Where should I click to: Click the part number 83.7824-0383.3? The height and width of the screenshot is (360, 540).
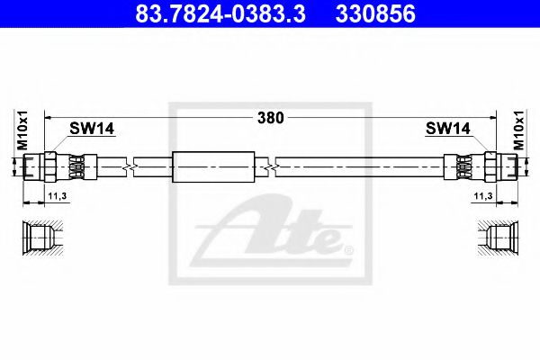click(x=208, y=14)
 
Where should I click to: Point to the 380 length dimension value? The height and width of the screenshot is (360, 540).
click(x=269, y=117)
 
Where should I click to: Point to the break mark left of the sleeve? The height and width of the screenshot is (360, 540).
click(x=132, y=166)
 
